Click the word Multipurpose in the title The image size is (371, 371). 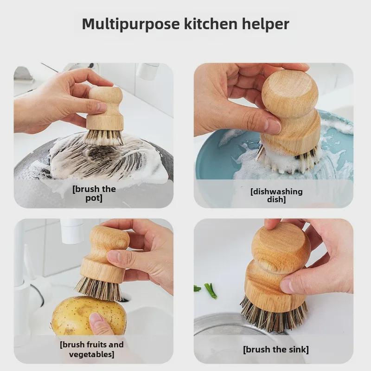click(x=131, y=25)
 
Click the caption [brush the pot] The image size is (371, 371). click(x=94, y=193)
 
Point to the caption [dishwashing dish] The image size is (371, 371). click(x=276, y=195)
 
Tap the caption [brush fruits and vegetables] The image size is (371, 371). click(x=92, y=349)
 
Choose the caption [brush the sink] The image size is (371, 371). click(x=276, y=350)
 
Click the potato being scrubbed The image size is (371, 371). click(x=89, y=316)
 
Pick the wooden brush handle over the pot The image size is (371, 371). click(x=106, y=108)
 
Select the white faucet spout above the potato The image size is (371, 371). click(x=71, y=230)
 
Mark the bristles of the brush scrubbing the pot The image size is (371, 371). click(x=104, y=137)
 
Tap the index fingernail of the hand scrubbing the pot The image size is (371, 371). click(x=101, y=107)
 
